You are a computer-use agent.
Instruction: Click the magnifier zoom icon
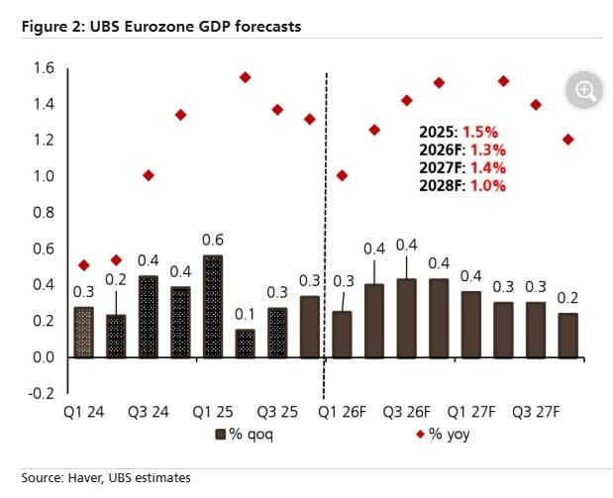coord(584,91)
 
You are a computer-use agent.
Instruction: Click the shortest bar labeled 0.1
coord(245,343)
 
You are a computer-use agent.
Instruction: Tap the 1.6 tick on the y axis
coord(45,68)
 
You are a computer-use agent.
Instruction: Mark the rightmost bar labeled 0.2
coord(567,335)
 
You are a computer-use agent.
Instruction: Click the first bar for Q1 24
coord(84,332)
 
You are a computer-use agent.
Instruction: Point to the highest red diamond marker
coord(245,77)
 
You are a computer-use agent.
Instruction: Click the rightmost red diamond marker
coord(567,140)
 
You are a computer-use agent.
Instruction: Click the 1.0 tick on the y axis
coord(45,176)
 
